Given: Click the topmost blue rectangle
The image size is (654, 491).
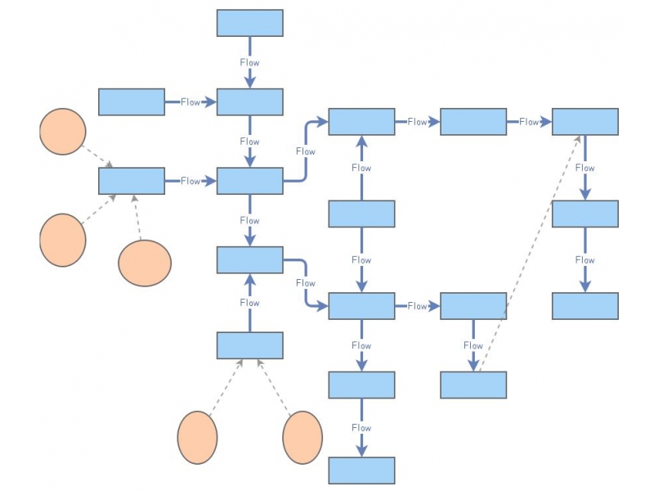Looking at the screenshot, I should click(x=249, y=23).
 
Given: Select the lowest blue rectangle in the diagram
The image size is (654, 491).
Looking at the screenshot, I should click(x=361, y=471).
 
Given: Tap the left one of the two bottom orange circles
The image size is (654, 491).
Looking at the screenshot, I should click(x=197, y=438).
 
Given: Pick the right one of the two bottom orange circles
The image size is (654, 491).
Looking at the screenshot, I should click(x=302, y=438).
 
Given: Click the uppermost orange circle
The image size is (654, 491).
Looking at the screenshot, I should click(x=63, y=132).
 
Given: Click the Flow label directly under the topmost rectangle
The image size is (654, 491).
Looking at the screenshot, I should click(x=249, y=62).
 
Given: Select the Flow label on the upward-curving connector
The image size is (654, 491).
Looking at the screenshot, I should click(x=305, y=151).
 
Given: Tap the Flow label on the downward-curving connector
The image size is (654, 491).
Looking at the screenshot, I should click(x=305, y=283).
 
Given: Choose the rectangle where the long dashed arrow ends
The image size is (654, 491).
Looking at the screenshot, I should click(x=585, y=121).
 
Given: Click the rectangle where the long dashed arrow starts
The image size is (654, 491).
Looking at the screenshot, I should click(x=473, y=385).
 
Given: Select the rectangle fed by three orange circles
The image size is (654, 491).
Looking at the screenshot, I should click(x=131, y=181).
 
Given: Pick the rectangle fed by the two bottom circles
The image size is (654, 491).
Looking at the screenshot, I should click(x=249, y=345).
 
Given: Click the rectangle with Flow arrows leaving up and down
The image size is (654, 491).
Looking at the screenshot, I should click(x=361, y=214).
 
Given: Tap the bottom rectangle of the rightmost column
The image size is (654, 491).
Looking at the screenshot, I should click(x=585, y=305).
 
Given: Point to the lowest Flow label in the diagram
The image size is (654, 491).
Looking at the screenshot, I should click(x=361, y=428).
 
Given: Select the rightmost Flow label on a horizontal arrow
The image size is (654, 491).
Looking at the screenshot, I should click(x=529, y=122).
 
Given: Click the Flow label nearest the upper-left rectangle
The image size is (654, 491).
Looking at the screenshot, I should click(x=190, y=102).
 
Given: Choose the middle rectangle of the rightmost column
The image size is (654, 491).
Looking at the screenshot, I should click(x=585, y=214).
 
